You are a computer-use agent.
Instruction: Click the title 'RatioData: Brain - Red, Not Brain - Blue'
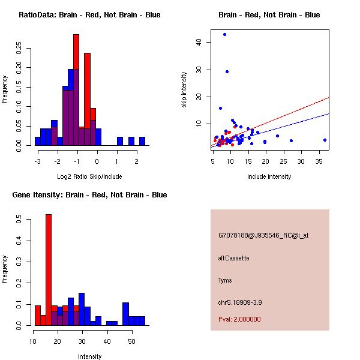89,15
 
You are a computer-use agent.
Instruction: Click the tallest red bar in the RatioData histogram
76,90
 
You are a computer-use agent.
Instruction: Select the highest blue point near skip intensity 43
224,34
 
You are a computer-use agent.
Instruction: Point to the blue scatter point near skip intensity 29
227,71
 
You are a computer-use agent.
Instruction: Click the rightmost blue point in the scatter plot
325,140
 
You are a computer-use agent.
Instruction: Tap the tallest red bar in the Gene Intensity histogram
49,269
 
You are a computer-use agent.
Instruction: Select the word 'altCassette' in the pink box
234,258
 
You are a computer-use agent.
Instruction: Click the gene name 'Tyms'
225,280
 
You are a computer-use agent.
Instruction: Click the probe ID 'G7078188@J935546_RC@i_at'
263,236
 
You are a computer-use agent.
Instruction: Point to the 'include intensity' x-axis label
269,176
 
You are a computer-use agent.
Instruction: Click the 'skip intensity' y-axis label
184,90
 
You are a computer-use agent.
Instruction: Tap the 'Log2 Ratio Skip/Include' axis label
88,176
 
